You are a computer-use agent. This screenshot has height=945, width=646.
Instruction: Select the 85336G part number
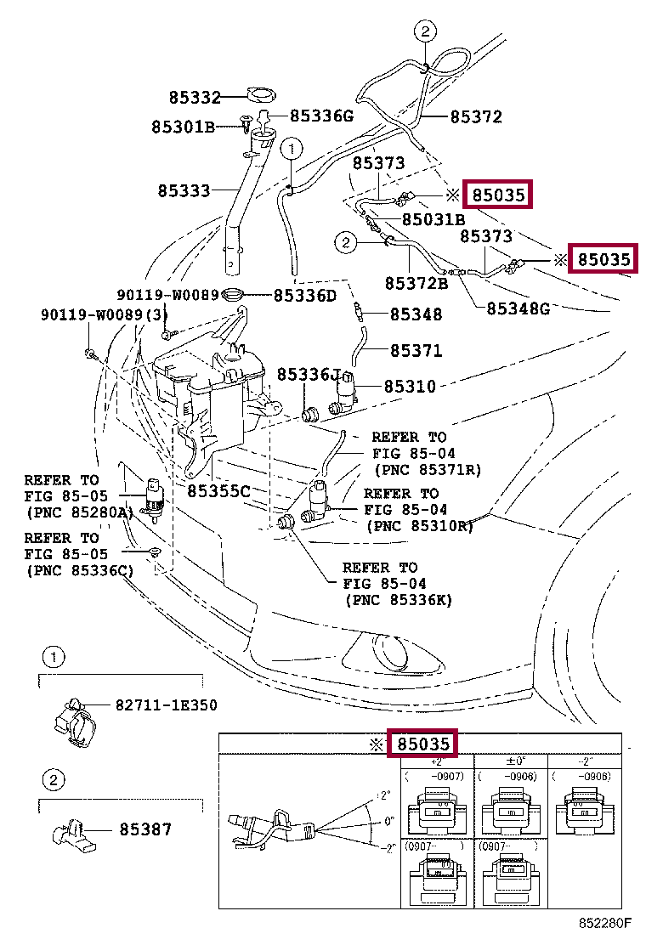[320, 116]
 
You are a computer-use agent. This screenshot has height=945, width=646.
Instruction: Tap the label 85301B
[183, 127]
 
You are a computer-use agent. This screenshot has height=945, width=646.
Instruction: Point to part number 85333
[183, 191]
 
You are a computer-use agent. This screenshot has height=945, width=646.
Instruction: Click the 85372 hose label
[476, 117]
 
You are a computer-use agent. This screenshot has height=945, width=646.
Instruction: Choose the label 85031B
[433, 219]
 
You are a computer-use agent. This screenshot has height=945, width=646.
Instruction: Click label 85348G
[518, 308]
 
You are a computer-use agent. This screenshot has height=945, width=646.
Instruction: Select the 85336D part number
[305, 296]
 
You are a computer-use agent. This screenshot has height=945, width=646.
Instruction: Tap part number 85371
[416, 350]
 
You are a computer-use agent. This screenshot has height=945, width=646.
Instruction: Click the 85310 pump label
[410, 387]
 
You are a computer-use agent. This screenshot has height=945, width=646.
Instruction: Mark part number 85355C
[218, 491]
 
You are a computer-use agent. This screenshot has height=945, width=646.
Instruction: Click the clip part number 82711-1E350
[167, 705]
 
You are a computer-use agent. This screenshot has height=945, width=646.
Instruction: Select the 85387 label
[145, 829]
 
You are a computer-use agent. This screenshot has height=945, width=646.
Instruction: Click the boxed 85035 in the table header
[423, 744]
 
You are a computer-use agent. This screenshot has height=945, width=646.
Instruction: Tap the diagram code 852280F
[606, 922]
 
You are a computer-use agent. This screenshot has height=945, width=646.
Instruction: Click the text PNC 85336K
[399, 600]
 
